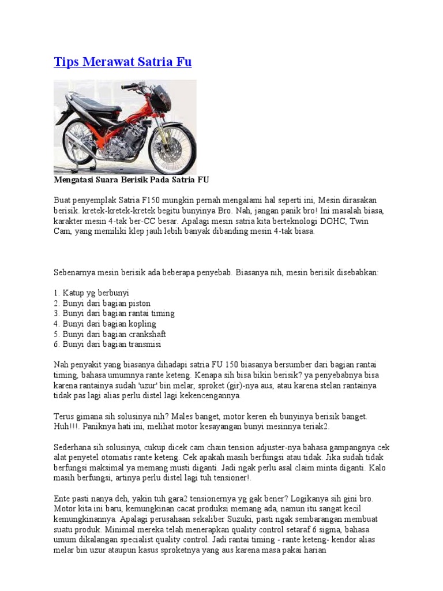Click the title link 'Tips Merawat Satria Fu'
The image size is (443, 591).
pyautogui.click(x=122, y=62)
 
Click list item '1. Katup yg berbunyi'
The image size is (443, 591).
pyautogui.click(x=91, y=293)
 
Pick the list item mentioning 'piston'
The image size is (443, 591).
pyautogui.click(x=102, y=303)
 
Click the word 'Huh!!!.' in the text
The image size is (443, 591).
pyautogui.click(x=65, y=427)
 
